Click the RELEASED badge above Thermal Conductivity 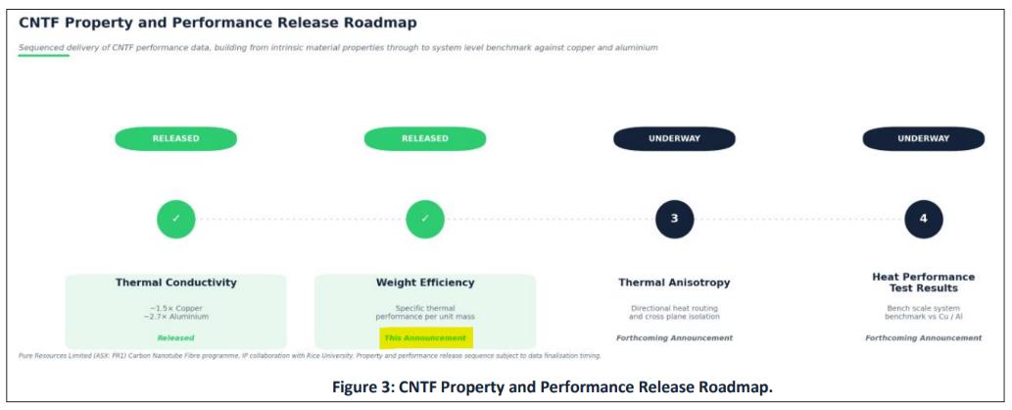(x=175, y=138)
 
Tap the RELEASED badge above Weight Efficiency (x=424, y=138)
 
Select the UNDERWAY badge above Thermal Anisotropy (x=674, y=138)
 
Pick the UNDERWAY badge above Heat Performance (x=924, y=138)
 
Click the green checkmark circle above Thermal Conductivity (x=175, y=219)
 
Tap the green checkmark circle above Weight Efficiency (x=424, y=219)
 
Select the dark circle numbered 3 (x=674, y=219)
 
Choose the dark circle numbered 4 (x=924, y=219)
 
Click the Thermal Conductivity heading (x=175, y=282)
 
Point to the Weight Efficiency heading (x=424, y=282)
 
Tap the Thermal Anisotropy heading (x=674, y=282)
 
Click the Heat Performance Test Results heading (x=924, y=282)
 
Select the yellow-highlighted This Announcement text (x=425, y=338)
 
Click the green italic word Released (x=175, y=337)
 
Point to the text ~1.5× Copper (x=175, y=308)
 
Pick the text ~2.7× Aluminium (x=175, y=317)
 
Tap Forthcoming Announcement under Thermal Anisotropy (x=674, y=337)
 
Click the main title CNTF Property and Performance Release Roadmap (x=217, y=24)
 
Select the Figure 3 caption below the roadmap (x=553, y=387)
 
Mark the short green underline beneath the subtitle (x=43, y=56)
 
